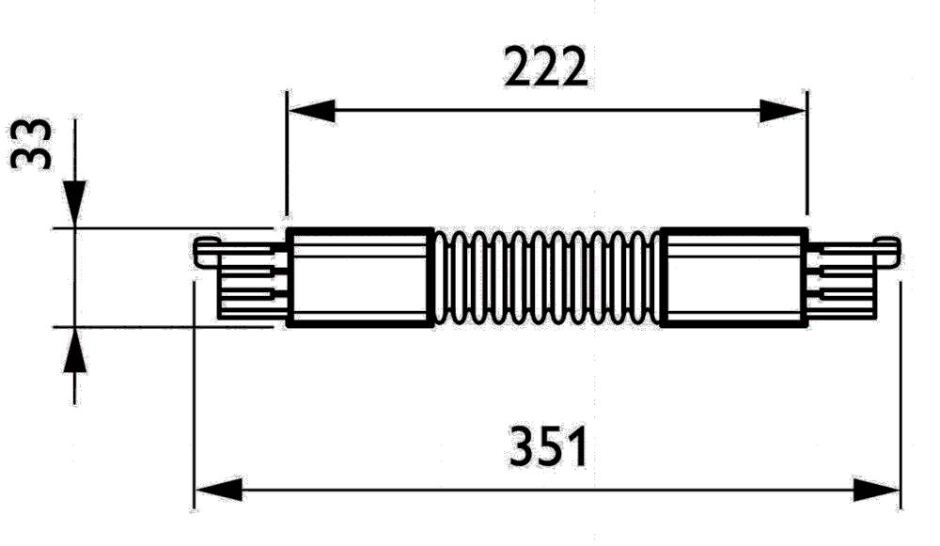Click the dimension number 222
[546, 68]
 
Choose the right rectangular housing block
[734, 278]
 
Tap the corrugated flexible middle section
[546, 278]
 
